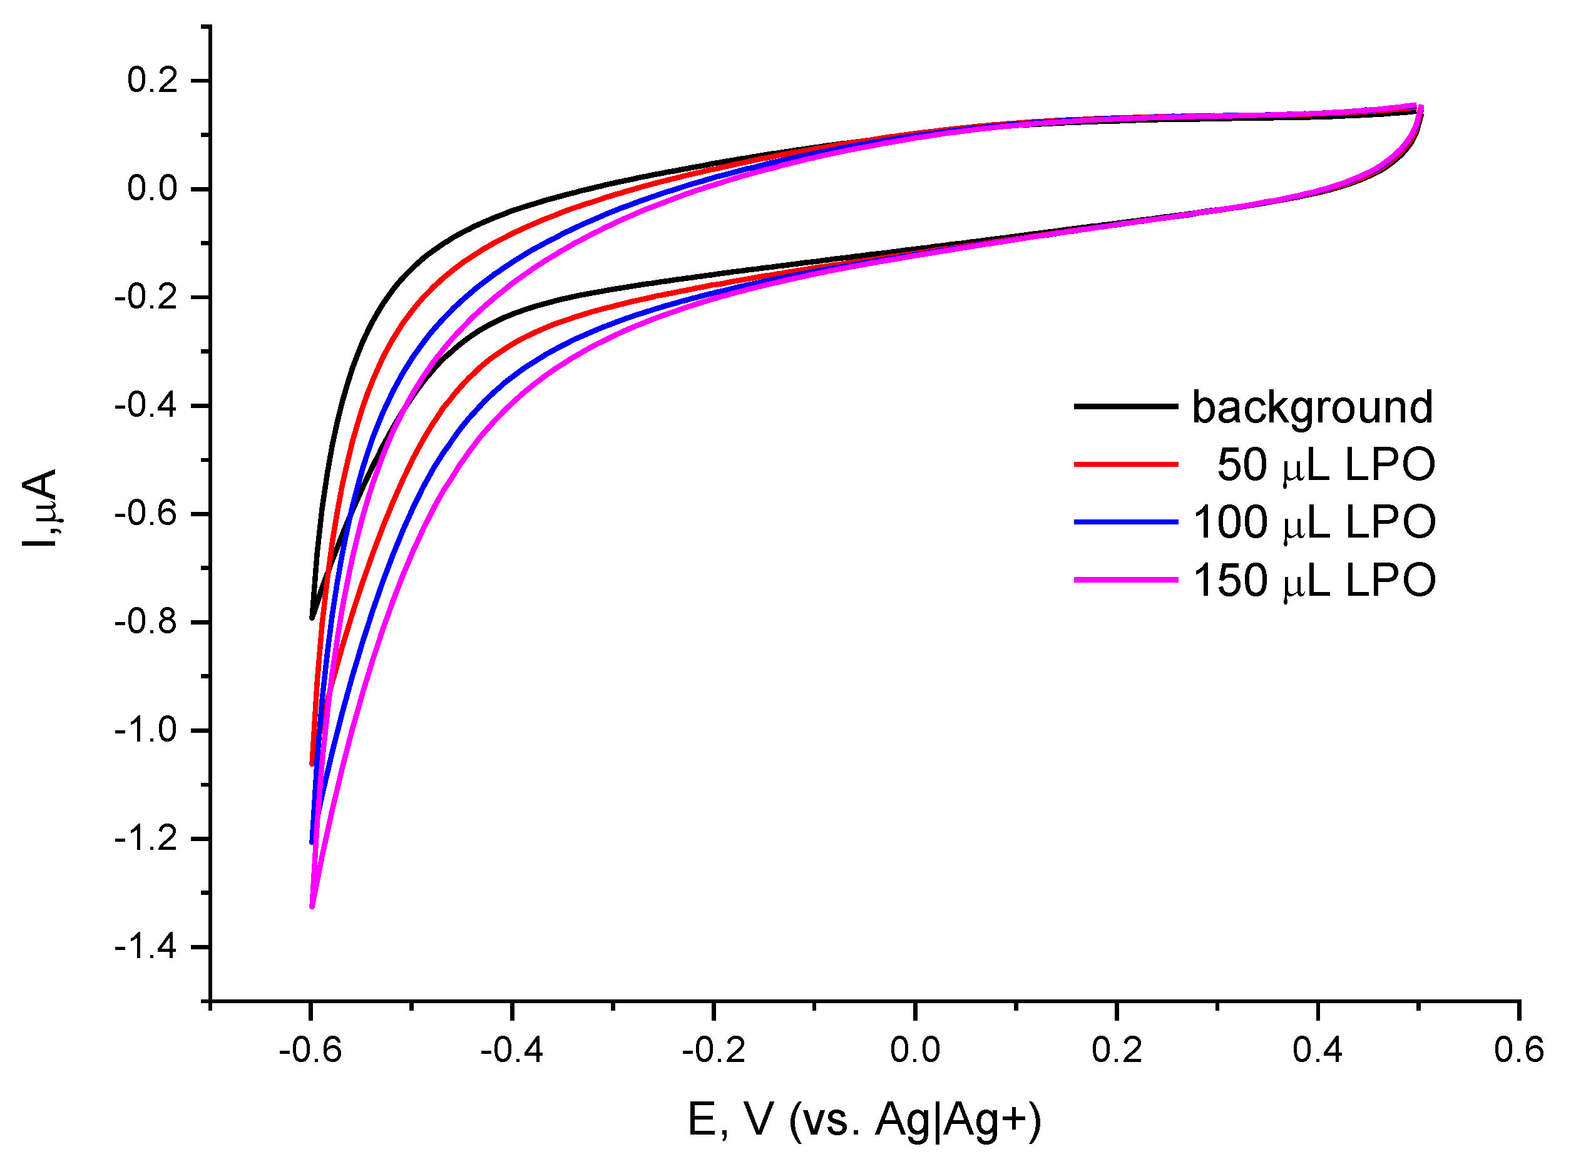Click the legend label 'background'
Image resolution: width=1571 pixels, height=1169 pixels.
1313,407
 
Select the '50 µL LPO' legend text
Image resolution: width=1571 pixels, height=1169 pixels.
1326,466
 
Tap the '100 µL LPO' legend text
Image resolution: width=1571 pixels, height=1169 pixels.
1314,523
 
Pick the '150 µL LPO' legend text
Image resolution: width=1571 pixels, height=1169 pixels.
1314,581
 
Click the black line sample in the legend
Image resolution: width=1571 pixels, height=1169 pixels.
1125,406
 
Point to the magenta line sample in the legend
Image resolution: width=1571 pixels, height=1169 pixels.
1125,579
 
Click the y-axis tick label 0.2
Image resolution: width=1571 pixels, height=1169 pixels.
152,81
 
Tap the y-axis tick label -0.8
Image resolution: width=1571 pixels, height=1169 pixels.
146,622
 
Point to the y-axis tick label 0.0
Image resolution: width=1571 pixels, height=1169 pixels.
152,189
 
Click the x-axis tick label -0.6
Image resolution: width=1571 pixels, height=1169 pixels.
310,1050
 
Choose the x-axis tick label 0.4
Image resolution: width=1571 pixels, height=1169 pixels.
1318,1050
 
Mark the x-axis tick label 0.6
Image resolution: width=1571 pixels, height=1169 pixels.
1518,1050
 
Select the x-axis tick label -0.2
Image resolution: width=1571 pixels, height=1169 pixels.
714,1050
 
